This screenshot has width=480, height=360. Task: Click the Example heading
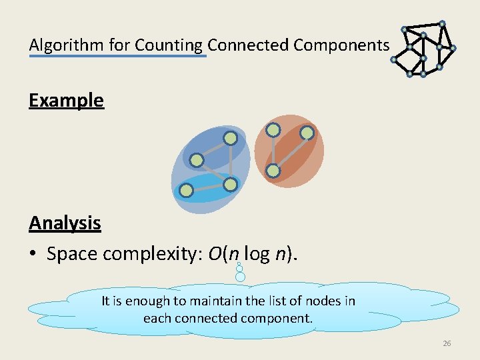(x=66, y=101)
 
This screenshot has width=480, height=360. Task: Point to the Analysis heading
(x=65, y=223)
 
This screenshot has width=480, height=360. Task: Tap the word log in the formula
(x=257, y=254)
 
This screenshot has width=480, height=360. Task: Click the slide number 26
(x=447, y=343)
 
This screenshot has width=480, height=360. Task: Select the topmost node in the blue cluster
(x=230, y=139)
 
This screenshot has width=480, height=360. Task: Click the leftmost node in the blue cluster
(x=197, y=161)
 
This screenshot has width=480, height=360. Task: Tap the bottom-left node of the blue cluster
(x=187, y=191)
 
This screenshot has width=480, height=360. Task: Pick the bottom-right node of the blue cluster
(x=230, y=184)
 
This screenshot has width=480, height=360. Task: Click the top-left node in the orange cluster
(x=273, y=131)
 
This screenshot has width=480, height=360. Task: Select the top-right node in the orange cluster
(x=307, y=133)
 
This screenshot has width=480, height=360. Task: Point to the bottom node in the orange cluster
(x=273, y=171)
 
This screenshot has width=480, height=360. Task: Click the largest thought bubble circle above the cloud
(x=241, y=275)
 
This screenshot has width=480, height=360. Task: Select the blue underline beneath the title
(x=117, y=57)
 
